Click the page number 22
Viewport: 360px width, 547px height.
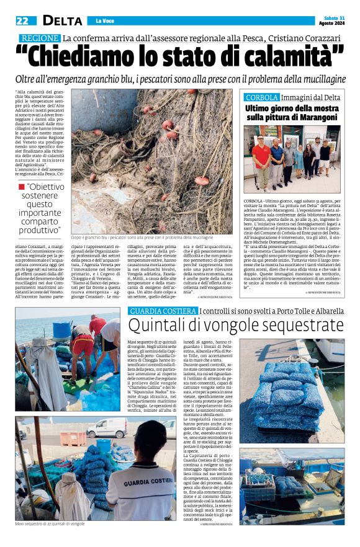click(x=22, y=20)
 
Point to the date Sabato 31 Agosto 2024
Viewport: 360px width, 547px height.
click(x=333, y=20)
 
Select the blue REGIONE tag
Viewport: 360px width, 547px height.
click(x=39, y=38)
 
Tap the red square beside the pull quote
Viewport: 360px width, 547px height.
click(x=21, y=186)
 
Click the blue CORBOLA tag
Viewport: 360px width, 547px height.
click(x=261, y=98)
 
